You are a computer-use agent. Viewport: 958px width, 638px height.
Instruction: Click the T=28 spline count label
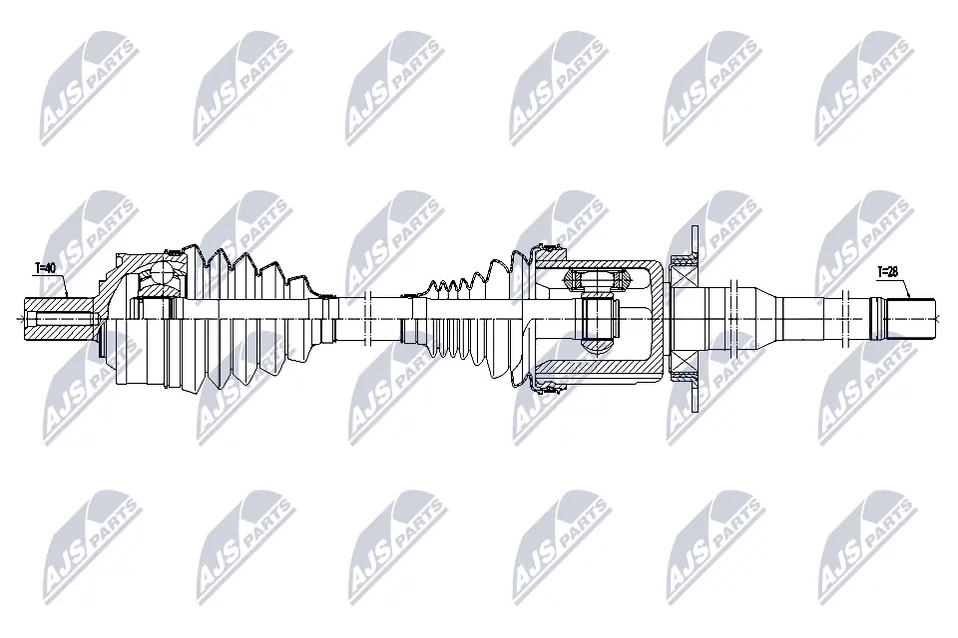888,271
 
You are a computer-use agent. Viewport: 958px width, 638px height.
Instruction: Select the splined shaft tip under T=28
912,318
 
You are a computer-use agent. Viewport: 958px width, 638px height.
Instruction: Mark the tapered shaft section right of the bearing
768,299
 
